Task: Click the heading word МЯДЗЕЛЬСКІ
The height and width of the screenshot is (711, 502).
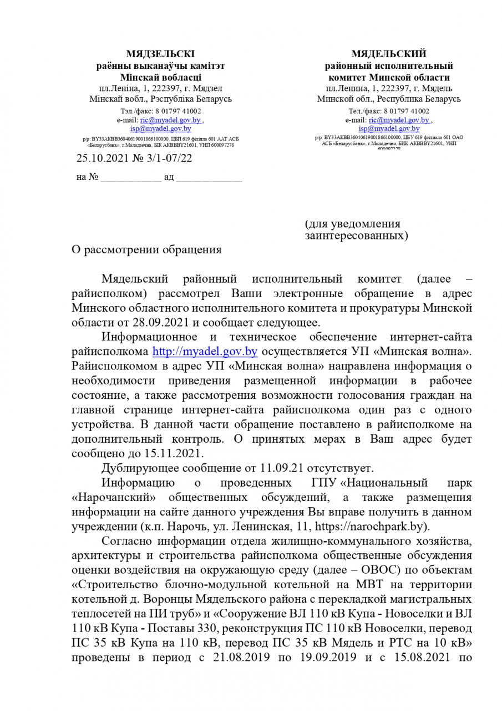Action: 160,54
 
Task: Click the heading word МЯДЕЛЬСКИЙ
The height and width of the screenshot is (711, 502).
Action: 389,54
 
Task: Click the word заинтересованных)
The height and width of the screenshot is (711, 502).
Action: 357,236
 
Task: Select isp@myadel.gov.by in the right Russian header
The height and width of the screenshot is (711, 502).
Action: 389,128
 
